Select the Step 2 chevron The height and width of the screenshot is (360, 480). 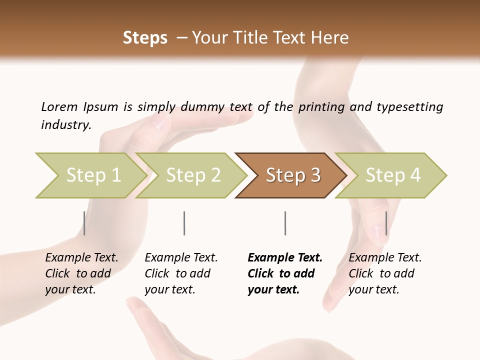pos(192,175)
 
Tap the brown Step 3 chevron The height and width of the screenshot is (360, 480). pos(292,175)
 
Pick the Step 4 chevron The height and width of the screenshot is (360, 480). pos(392,175)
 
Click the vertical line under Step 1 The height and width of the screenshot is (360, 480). pos(84,223)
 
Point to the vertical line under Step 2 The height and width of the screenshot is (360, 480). pos(184,223)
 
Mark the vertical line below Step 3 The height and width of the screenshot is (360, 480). pos(285,223)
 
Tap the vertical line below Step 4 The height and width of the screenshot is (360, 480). pos(386,223)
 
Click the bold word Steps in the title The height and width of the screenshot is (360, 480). pos(145,38)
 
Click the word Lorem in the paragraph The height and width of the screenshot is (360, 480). pos(59,106)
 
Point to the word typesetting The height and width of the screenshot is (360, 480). pos(409,106)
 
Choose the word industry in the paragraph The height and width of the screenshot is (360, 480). pos(65,124)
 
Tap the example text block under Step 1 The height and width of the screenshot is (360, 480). pos(81,273)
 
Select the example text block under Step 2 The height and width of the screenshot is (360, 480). pos(181,273)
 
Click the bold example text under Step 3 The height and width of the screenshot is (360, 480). pos(284,273)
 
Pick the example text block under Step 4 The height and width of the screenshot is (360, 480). pos(384,273)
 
